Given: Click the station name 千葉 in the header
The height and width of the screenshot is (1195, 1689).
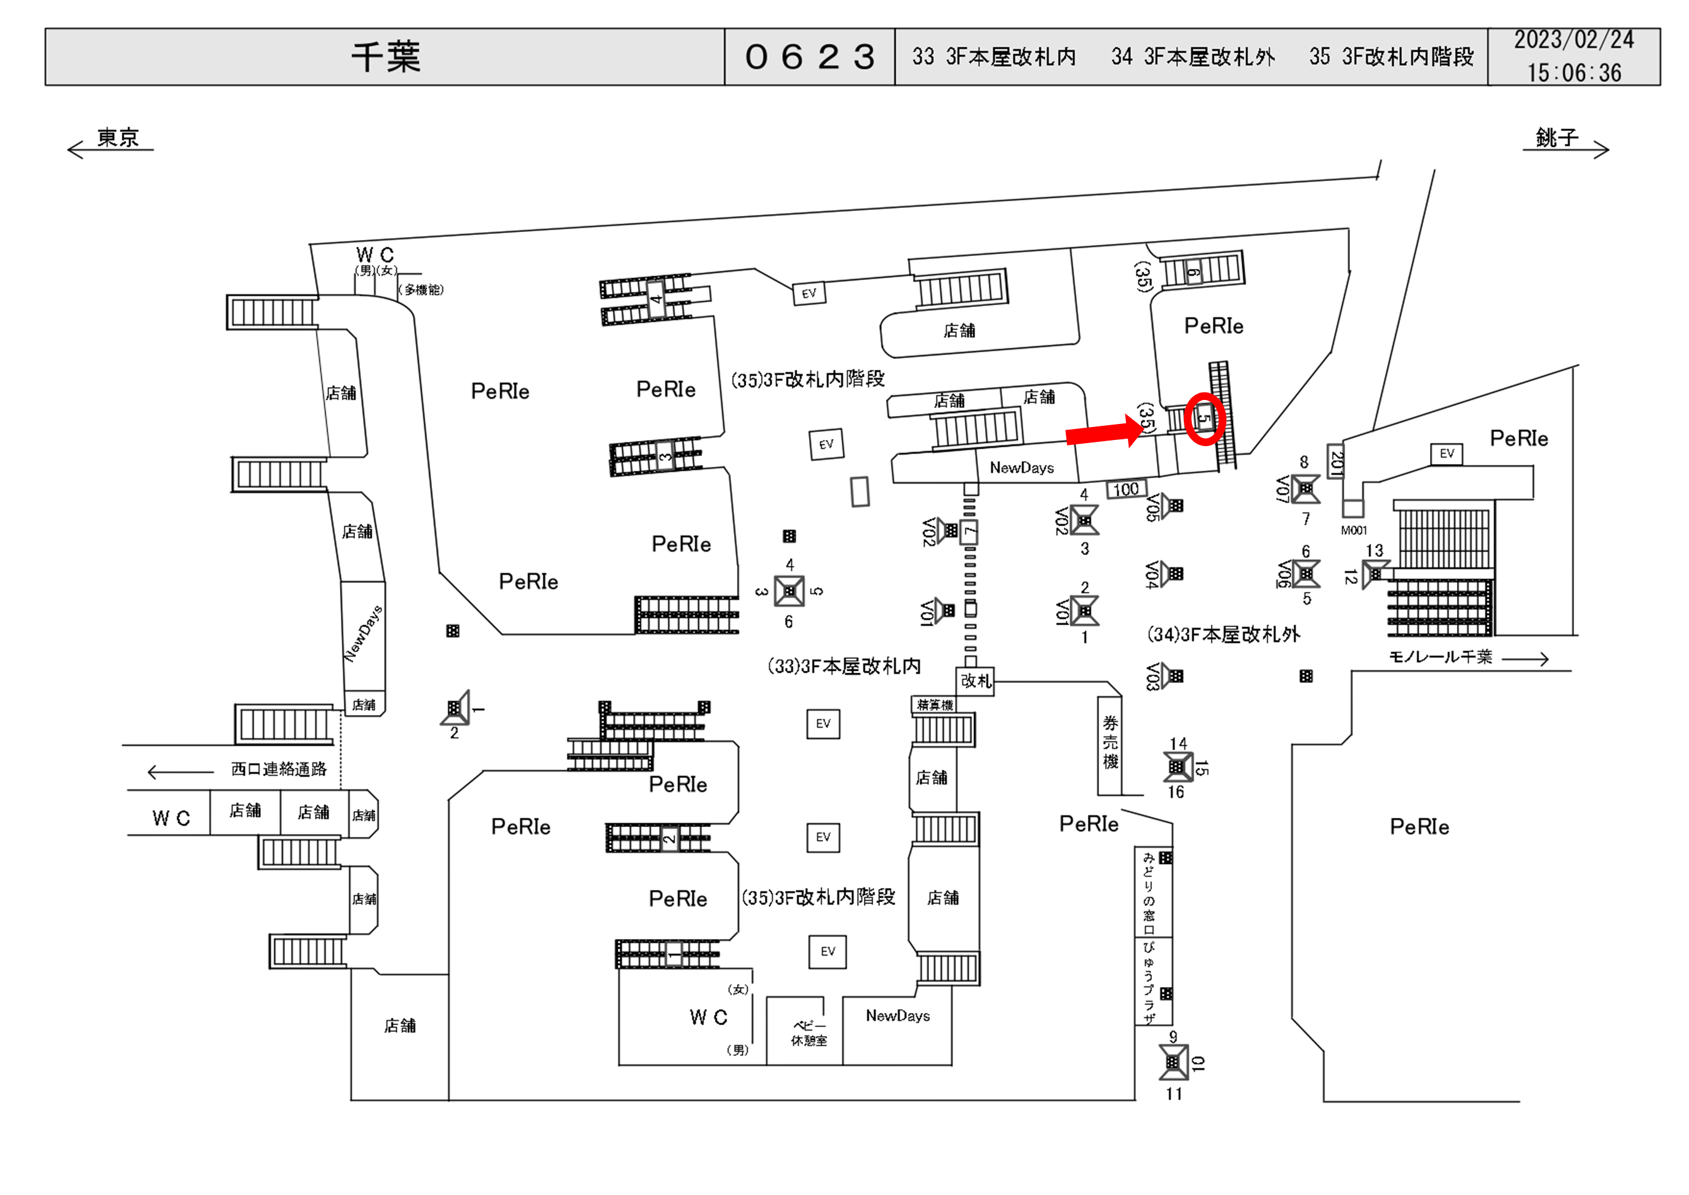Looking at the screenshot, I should (x=385, y=57).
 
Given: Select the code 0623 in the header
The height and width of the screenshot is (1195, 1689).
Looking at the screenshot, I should (x=809, y=57).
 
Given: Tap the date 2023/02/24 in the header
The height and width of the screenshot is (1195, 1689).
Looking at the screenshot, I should (x=1573, y=40).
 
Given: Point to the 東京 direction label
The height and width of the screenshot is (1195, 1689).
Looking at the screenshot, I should (x=118, y=138).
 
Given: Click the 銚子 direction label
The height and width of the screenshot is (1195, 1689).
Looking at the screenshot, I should (x=1556, y=138).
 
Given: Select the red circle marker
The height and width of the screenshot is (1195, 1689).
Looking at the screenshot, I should (x=1204, y=418).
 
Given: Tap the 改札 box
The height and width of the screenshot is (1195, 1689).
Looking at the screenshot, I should (x=975, y=681).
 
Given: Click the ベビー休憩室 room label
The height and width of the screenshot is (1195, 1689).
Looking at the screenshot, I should (x=809, y=1033).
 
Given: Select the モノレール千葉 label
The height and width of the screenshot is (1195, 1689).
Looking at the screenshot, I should (x=1440, y=657).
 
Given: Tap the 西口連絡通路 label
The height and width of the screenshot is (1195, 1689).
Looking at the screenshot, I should (x=278, y=769).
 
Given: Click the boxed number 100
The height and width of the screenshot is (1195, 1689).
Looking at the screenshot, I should (x=1125, y=489).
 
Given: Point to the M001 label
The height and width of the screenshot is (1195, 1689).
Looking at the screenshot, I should (x=1354, y=530).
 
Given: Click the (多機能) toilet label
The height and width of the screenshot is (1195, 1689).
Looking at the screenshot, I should (x=421, y=290).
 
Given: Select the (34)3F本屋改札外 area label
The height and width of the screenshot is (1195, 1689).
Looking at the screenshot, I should (x=1223, y=634).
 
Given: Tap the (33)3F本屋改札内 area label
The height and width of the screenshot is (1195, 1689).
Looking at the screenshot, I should (x=844, y=666).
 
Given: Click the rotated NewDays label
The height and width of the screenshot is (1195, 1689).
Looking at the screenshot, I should (x=364, y=634).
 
